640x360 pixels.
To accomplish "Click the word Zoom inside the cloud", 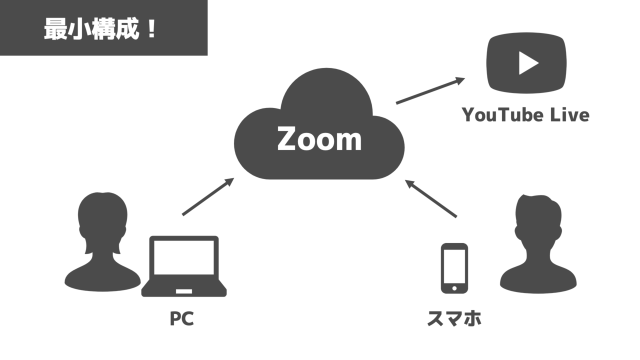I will tap(319, 139).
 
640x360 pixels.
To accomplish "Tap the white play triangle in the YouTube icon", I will tap(527, 63).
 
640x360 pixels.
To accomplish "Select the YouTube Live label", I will tap(525, 115).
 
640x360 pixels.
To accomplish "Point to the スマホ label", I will tap(454, 318).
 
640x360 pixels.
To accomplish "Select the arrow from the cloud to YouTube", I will tap(430, 91).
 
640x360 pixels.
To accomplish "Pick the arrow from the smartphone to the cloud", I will tap(431, 198).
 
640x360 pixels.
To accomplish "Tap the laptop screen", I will tap(184, 257).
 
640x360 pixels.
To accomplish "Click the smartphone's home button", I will tap(454, 288).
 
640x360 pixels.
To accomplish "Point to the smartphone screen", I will tap(454, 265).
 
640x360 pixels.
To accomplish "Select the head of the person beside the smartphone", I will tap(538, 220).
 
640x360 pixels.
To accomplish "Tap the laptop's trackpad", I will tap(184, 291).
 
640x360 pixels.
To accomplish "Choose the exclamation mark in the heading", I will tap(152, 28).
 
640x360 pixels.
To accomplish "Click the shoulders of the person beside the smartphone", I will tap(539, 280).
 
